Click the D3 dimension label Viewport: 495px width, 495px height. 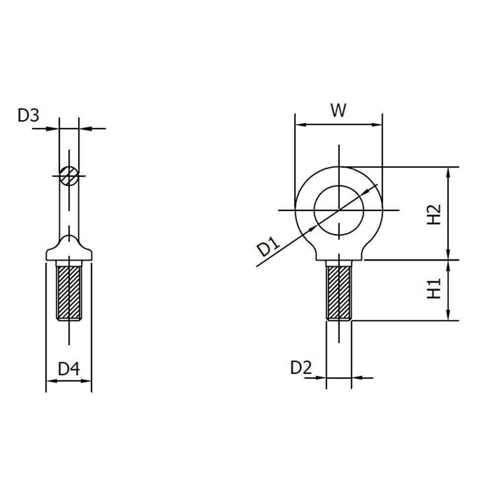[28, 115]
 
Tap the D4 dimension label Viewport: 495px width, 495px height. [69, 369]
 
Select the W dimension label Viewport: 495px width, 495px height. [338, 110]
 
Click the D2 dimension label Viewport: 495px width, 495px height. [301, 367]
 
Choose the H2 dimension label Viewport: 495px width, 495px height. [434, 213]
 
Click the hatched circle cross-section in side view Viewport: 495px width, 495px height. [68, 175]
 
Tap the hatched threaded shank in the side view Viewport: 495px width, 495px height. [69, 293]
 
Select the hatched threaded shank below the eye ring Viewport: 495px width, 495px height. [339, 292]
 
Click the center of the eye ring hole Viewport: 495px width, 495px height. [339, 210]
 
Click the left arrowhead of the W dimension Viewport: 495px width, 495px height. [298, 125]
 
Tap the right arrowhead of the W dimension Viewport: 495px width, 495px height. [379, 125]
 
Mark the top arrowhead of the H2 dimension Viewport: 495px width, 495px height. [448, 171]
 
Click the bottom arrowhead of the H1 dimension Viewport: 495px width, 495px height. [448, 316]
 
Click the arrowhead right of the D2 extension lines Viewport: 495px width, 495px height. [356, 378]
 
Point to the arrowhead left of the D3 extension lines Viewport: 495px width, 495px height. [54, 129]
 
